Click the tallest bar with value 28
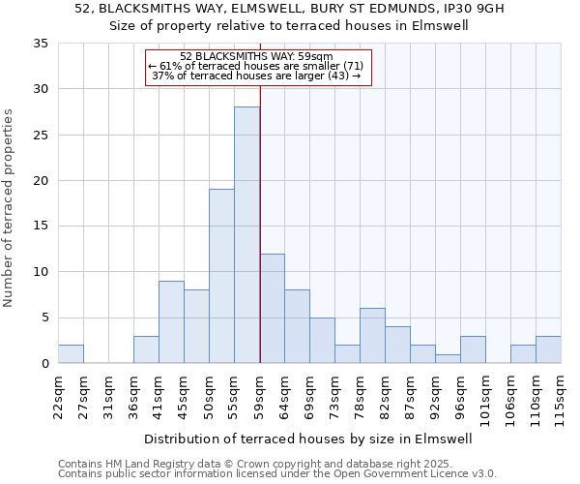(246, 235)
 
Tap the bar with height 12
(272, 308)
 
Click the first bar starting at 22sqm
(71, 354)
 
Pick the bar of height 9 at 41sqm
(171, 322)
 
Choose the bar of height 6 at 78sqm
(372, 336)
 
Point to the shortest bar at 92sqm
(448, 359)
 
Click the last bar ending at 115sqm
(548, 349)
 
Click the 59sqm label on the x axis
(260, 397)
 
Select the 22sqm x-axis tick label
(59, 397)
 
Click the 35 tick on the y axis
(41, 44)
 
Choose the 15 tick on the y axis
(41, 227)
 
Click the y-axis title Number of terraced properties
(10, 207)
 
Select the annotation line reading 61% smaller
(256, 66)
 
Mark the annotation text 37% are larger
(256, 76)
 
